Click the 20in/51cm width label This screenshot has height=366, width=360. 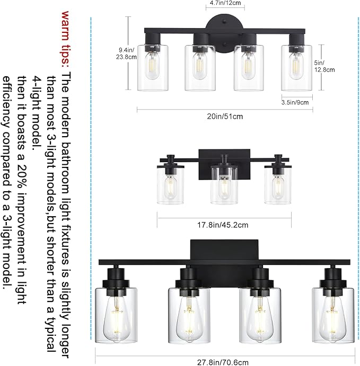[x=224, y=117]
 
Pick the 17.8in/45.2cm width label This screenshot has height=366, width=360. [x=223, y=225]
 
